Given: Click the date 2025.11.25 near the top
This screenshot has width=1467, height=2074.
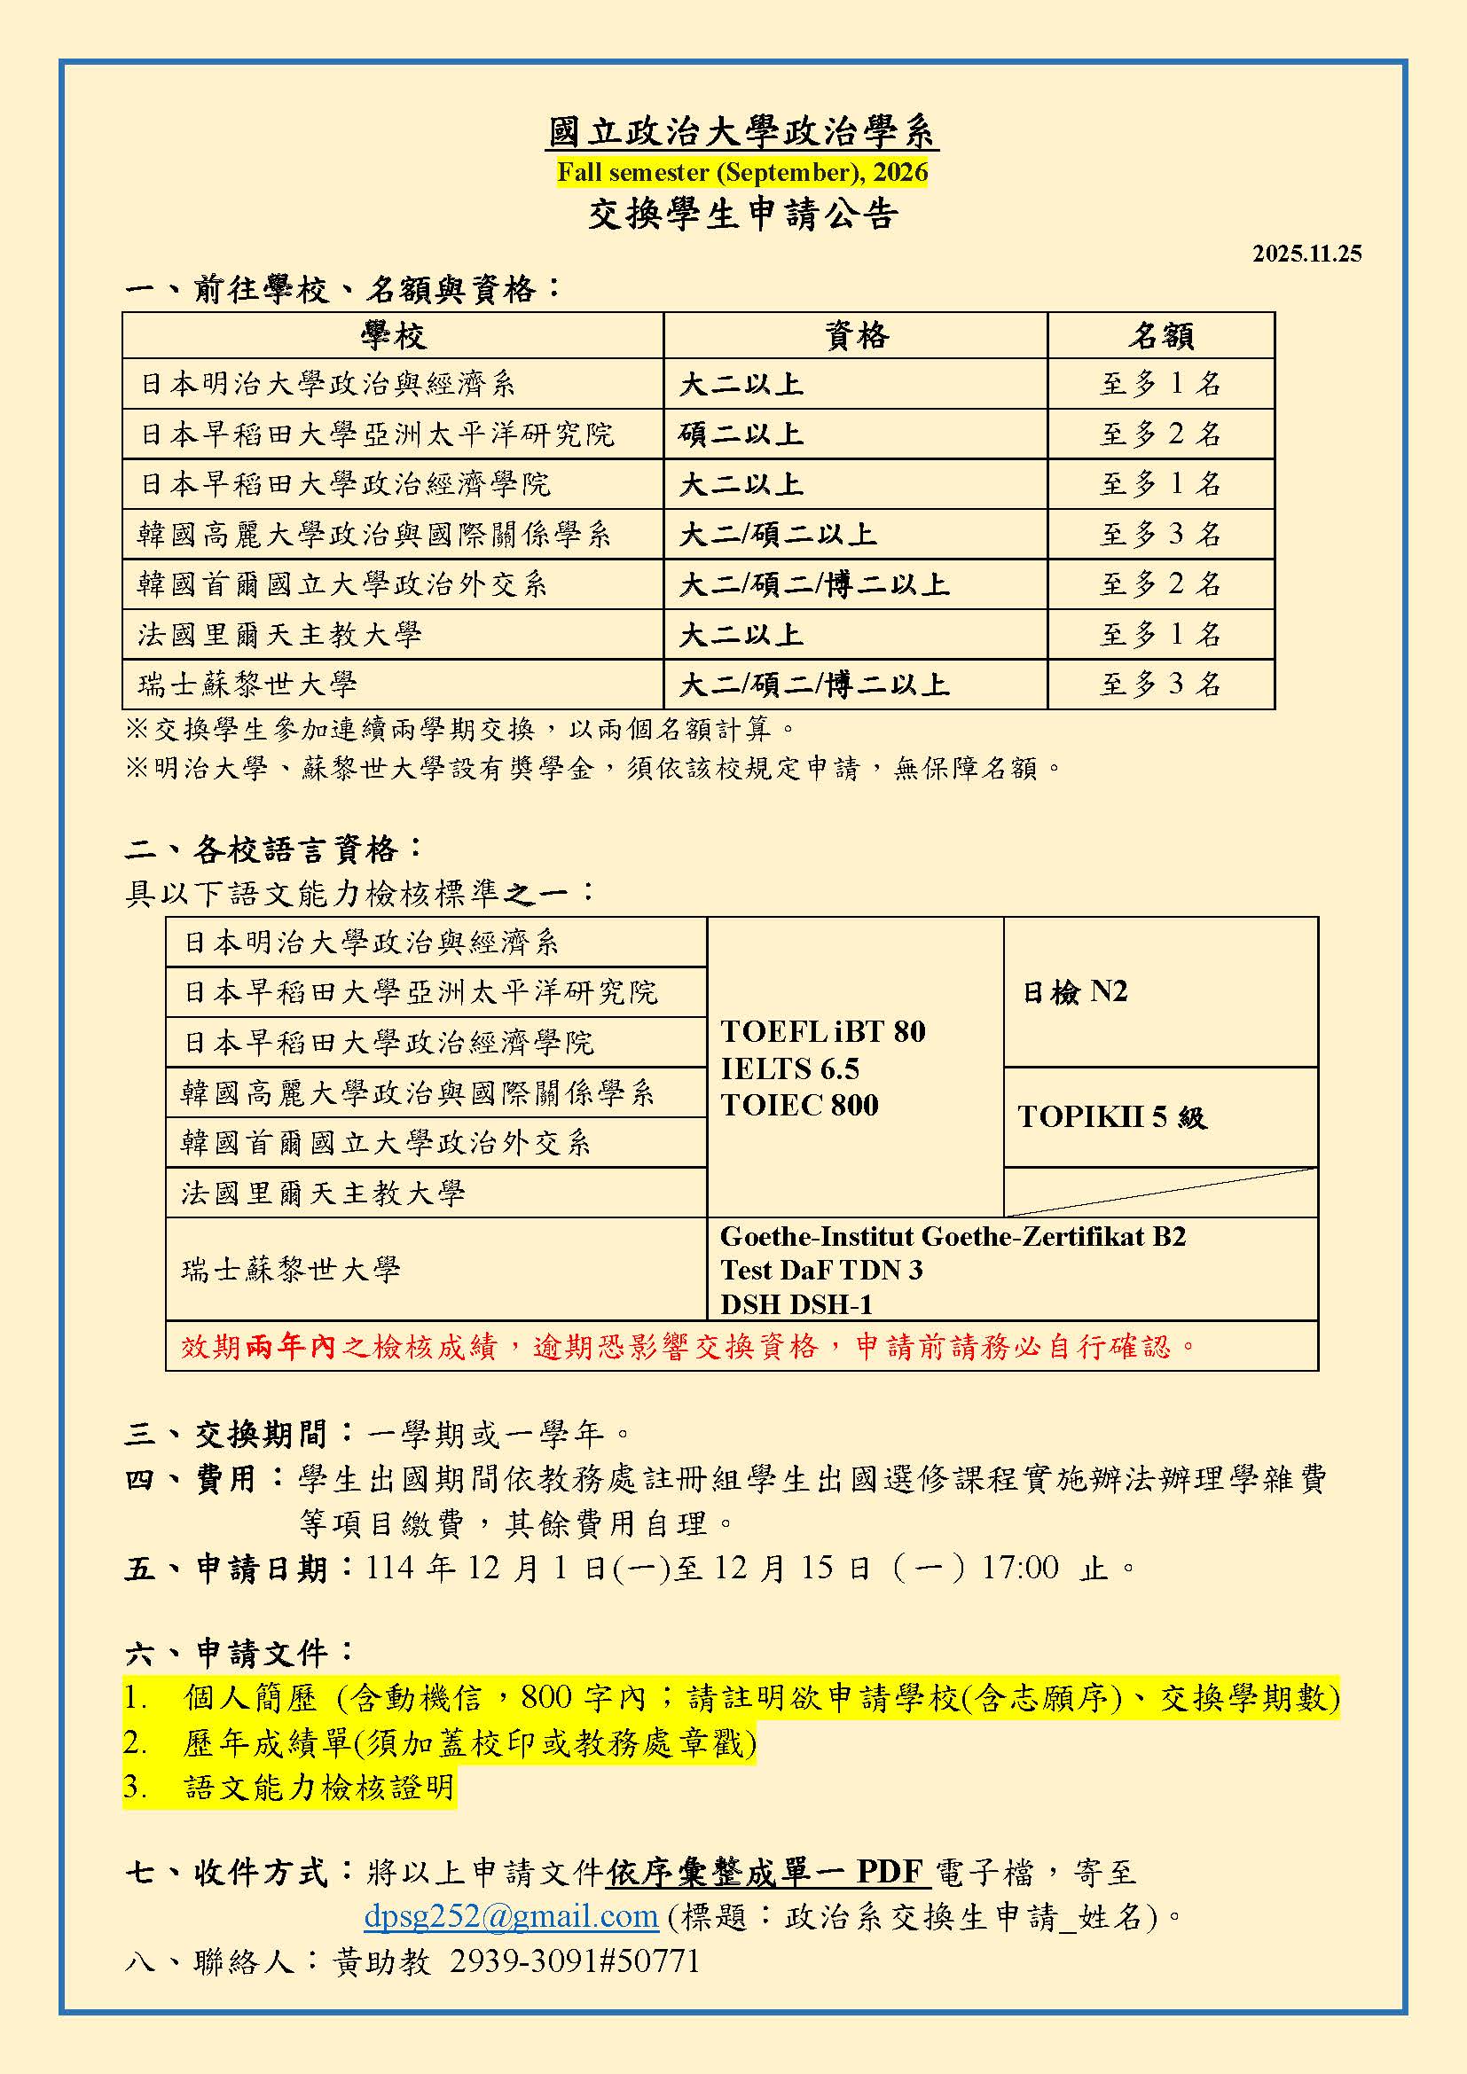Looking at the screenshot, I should [1306, 254].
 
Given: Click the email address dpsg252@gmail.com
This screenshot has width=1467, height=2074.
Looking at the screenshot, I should [510, 1915].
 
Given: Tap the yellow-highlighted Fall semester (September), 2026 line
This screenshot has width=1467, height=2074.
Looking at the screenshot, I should [741, 172].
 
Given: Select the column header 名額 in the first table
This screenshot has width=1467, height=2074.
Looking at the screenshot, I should [1160, 336].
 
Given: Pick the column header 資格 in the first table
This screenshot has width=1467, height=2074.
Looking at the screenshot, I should [855, 336].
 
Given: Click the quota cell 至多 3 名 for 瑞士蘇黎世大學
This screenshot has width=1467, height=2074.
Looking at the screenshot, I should [1160, 684].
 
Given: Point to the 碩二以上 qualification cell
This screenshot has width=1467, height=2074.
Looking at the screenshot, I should [741, 434].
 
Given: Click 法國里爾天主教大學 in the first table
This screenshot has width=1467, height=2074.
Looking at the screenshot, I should [280, 634].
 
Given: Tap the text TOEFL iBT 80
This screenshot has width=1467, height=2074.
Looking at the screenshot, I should [823, 1031].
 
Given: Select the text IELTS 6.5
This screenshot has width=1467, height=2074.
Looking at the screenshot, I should [789, 1069].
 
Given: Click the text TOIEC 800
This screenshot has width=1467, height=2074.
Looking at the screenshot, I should [799, 1105].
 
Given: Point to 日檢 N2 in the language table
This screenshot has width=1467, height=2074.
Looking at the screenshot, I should [1074, 992].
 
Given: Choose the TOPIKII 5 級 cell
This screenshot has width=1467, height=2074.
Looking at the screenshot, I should [1112, 1117].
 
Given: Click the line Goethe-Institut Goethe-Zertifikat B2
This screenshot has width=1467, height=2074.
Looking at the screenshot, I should [952, 1236].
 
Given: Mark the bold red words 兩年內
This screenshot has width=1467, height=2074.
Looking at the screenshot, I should [290, 1347].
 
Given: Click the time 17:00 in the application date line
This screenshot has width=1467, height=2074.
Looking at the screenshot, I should [1020, 1567].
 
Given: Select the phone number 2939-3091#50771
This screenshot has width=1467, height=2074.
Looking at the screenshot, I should [575, 1961].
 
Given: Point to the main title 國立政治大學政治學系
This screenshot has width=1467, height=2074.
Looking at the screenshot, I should [741, 132].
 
